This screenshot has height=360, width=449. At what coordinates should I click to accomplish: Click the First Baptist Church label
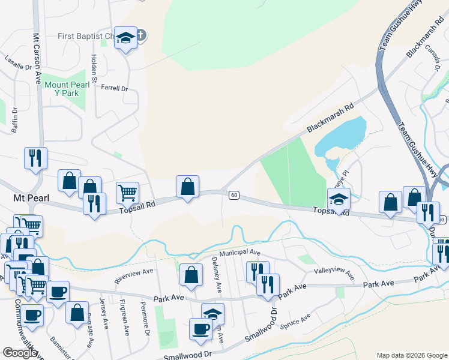(x=85, y=37)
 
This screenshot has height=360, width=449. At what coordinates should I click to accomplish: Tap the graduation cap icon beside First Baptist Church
(x=126, y=38)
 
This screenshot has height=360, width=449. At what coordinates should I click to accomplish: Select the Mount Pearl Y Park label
(x=67, y=89)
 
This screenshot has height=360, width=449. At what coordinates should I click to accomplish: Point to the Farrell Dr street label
(x=115, y=89)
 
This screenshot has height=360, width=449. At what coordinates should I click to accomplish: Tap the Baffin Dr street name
(x=15, y=119)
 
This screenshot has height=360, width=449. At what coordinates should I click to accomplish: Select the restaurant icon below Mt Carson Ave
(x=35, y=158)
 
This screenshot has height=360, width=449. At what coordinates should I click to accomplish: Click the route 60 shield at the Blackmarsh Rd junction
(x=234, y=194)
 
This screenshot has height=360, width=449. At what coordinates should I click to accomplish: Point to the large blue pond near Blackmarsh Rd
(x=341, y=135)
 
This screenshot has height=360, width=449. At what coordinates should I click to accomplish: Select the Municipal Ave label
(x=240, y=253)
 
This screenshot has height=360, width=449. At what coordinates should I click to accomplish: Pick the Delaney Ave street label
(x=217, y=275)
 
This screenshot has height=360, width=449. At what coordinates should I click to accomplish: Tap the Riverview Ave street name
(x=134, y=276)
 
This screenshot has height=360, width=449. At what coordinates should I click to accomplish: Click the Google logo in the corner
(x=20, y=353)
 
